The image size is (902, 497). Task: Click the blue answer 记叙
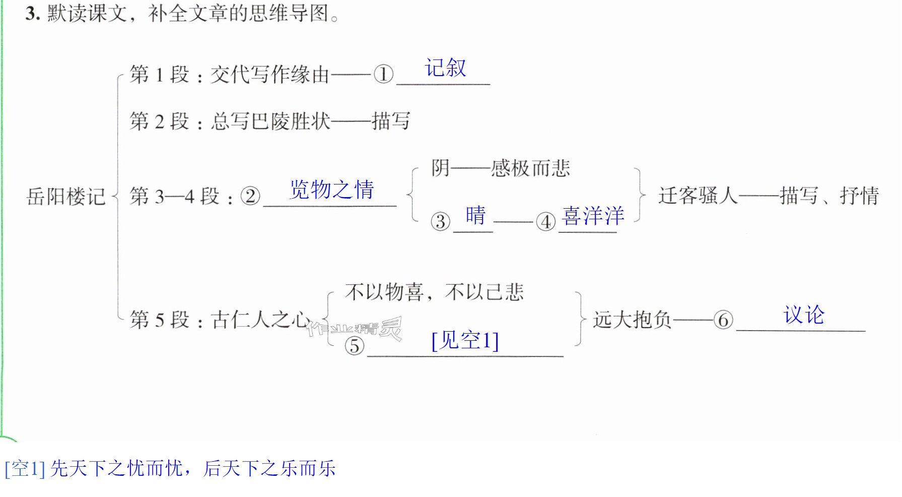[x=446, y=68]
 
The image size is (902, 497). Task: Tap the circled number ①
[x=384, y=75]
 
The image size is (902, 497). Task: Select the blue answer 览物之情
[x=332, y=190]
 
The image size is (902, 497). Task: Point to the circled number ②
[x=250, y=196]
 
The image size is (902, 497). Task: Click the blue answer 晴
[x=475, y=215]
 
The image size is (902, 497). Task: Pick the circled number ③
[x=441, y=221]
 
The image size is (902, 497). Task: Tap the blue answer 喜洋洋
[x=593, y=216]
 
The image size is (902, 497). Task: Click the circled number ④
[x=546, y=221]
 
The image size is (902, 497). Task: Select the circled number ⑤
[x=355, y=346]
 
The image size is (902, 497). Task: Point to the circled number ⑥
[x=723, y=320]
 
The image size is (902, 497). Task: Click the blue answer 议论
[x=804, y=315]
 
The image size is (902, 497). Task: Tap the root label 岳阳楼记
[x=66, y=196]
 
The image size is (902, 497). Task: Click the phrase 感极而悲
[x=531, y=168]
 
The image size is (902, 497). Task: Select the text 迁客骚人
[x=698, y=196]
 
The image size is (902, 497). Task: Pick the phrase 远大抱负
[x=633, y=320]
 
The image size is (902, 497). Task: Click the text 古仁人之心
[x=260, y=320]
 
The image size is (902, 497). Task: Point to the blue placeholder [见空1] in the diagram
[x=465, y=340]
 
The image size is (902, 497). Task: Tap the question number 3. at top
[x=33, y=14]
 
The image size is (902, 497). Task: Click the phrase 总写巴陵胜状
[x=270, y=121]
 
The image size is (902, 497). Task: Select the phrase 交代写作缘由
[x=270, y=75]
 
